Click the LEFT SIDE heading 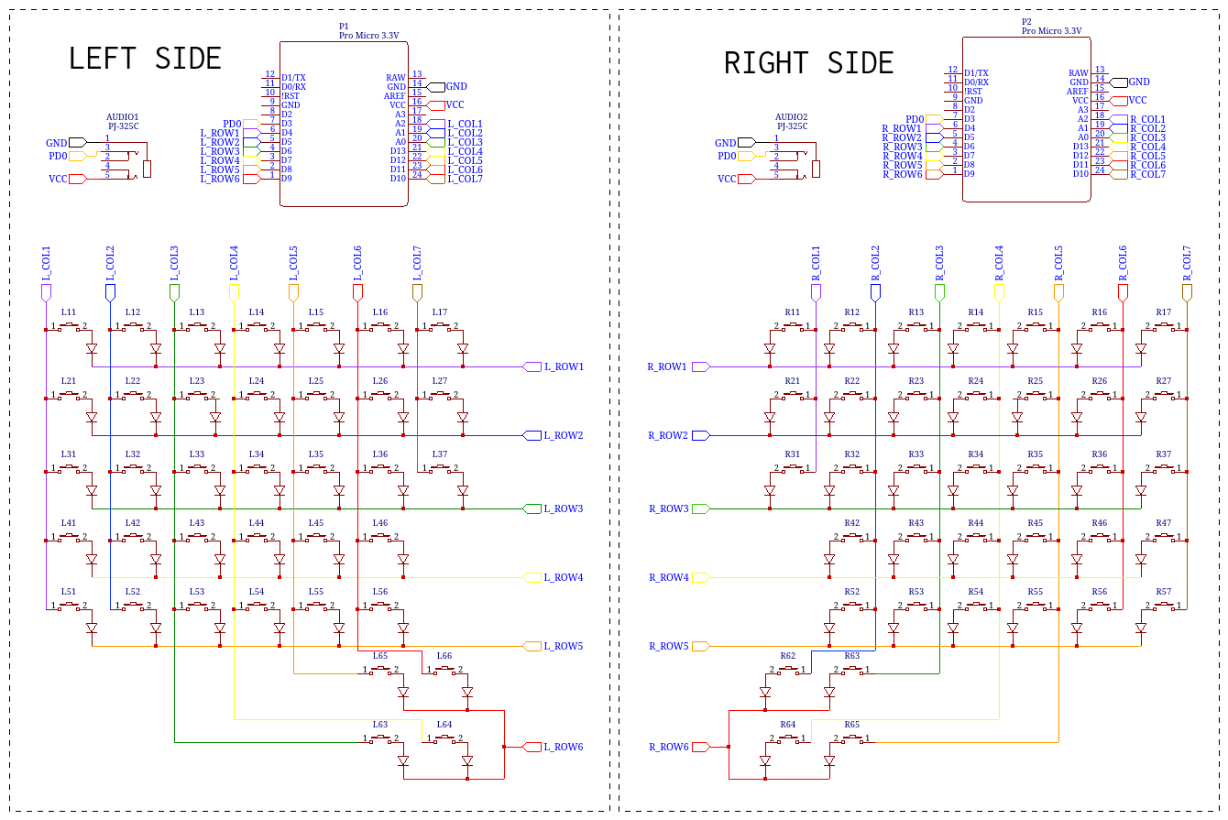coord(145,59)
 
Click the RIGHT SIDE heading coord(808,63)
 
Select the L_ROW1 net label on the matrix coord(564,366)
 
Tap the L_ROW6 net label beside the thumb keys coord(564,747)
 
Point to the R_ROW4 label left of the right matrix coord(668,577)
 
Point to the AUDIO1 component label coord(123,117)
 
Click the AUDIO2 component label coord(792,117)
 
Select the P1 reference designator coord(345,27)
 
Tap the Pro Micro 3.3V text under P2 coord(1051,31)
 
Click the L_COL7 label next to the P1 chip coord(465,179)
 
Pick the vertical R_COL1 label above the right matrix coord(816,263)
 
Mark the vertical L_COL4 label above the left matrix coord(234,263)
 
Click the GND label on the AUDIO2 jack coord(725,143)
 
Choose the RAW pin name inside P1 coord(396,78)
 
